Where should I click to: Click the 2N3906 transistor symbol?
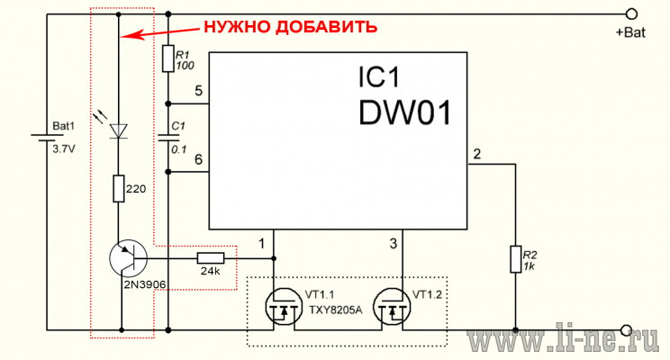(x=128, y=259)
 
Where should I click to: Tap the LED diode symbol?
(x=118, y=130)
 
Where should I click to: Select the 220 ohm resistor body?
(x=119, y=188)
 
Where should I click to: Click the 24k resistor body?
(x=210, y=258)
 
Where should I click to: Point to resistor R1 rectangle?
(x=167, y=58)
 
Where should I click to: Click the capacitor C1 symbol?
(x=168, y=138)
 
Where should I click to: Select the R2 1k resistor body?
(x=516, y=259)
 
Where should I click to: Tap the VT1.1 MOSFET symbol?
(x=284, y=308)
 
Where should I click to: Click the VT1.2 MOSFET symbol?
(x=392, y=308)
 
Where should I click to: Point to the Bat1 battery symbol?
(x=47, y=139)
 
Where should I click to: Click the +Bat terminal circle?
(x=631, y=14)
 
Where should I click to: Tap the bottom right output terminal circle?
(x=626, y=330)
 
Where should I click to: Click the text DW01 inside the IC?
(x=404, y=112)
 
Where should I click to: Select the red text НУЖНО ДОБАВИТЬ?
(x=291, y=27)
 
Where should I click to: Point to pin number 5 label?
(x=198, y=91)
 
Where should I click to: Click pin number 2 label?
(x=477, y=154)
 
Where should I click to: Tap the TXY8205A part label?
(x=335, y=310)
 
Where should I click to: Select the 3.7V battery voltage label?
(x=64, y=149)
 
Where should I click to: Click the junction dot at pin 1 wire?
(x=274, y=259)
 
